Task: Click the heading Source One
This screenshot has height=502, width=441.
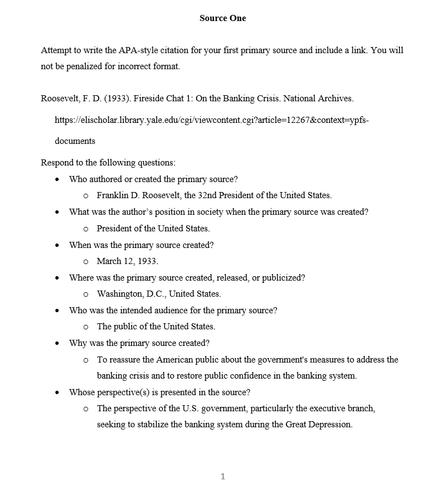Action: [223, 18]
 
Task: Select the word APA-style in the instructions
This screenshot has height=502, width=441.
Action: [137, 50]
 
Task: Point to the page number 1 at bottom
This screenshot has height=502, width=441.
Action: [223, 476]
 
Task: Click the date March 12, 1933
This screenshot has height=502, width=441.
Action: [127, 261]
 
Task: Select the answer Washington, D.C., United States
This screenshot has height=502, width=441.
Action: [158, 294]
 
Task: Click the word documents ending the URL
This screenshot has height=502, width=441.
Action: [75, 141]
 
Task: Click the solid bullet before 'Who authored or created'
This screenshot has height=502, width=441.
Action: [58, 179]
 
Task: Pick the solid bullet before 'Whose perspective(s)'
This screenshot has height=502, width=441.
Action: [58, 392]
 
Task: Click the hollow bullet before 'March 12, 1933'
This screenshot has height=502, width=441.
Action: [86, 261]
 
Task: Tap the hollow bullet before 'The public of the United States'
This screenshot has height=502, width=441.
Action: [86, 327]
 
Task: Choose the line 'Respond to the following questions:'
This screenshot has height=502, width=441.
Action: [108, 163]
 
